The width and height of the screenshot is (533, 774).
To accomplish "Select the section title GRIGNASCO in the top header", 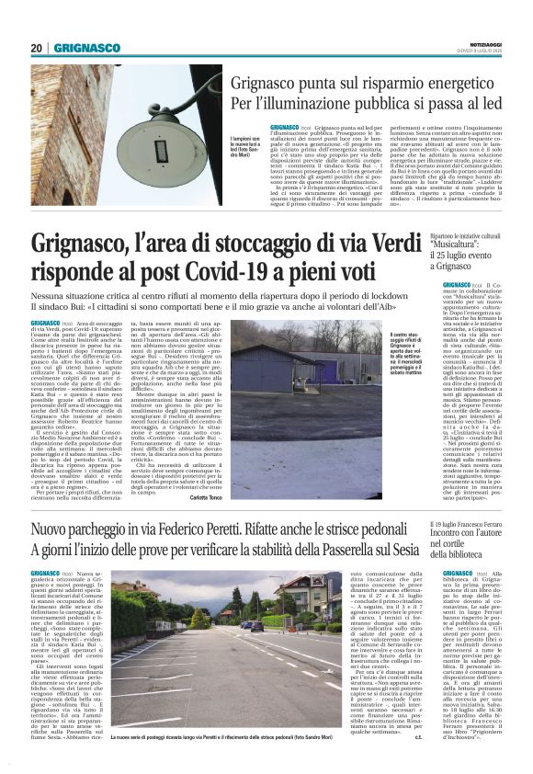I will point(86,48).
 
